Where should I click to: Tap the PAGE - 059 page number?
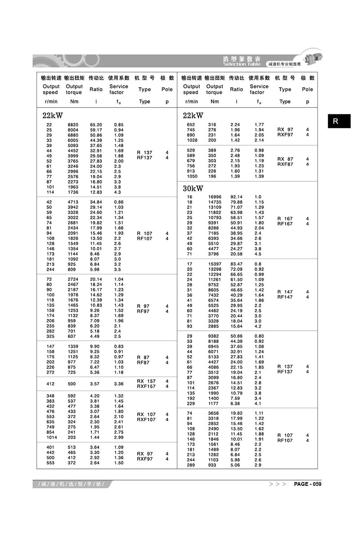point(308,484)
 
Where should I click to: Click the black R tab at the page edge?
point(339,121)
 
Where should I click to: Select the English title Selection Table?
point(241,64)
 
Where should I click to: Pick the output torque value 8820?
point(73,125)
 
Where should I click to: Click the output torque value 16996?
point(215,197)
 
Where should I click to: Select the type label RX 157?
point(146,381)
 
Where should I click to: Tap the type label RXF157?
point(146,387)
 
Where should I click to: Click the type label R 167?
point(285,219)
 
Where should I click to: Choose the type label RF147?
point(285,297)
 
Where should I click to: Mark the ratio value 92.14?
point(236,197)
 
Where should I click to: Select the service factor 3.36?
point(119,384)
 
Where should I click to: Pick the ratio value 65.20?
point(96,125)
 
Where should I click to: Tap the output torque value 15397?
point(215,264)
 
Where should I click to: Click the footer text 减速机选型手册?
point(72,484)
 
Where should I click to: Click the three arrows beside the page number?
point(278,484)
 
